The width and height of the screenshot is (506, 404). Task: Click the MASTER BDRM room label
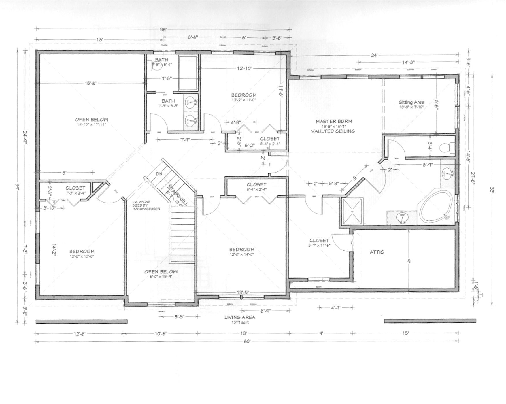click(x=334, y=121)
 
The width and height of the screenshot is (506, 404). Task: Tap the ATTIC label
click(x=377, y=252)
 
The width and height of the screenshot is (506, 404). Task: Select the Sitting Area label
click(x=411, y=102)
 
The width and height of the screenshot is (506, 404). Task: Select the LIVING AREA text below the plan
click(x=240, y=317)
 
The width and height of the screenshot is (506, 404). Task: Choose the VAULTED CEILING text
click(x=333, y=131)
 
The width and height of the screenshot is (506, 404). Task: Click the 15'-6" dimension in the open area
click(x=91, y=83)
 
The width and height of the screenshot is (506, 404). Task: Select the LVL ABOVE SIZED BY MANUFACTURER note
click(x=146, y=205)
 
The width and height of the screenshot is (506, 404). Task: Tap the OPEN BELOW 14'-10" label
click(x=92, y=120)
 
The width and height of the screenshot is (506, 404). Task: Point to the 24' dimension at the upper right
click(x=374, y=56)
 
